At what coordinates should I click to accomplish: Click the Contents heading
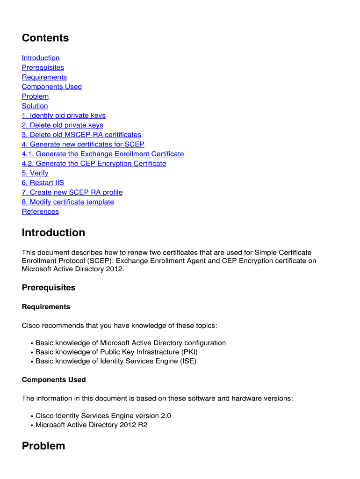pyautogui.click(x=45, y=38)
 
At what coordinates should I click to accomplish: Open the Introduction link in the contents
pyautogui.click(x=41, y=58)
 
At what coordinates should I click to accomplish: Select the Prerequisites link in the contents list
pyautogui.click(x=43, y=67)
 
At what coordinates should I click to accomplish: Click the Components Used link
pyautogui.click(x=52, y=87)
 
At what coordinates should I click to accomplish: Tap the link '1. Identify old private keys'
pyautogui.click(x=64, y=116)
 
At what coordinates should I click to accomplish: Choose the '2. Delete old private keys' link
pyautogui.click(x=63, y=125)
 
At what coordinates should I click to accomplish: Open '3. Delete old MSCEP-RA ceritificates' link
pyautogui.click(x=81, y=135)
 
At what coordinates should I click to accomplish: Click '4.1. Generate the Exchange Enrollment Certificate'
pyautogui.click(x=103, y=154)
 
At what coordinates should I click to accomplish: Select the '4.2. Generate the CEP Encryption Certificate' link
pyautogui.click(x=94, y=163)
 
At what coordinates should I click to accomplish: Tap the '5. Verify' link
pyautogui.click(x=35, y=173)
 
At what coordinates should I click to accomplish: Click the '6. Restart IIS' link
pyautogui.click(x=43, y=182)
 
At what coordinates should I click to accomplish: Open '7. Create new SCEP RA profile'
pyautogui.click(x=72, y=192)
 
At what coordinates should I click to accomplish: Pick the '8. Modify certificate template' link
pyautogui.click(x=68, y=202)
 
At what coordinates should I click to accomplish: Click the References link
pyautogui.click(x=40, y=211)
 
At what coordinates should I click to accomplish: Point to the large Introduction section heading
pyautogui.click(x=53, y=232)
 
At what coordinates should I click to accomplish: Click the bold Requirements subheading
pyautogui.click(x=46, y=307)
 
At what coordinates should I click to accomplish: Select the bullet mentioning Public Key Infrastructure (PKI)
pyautogui.click(x=113, y=352)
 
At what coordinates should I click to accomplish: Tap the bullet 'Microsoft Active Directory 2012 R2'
pyautogui.click(x=91, y=425)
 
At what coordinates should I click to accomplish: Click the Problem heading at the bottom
pyautogui.click(x=43, y=446)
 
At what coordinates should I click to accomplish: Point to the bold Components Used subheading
pyautogui.click(x=54, y=380)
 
